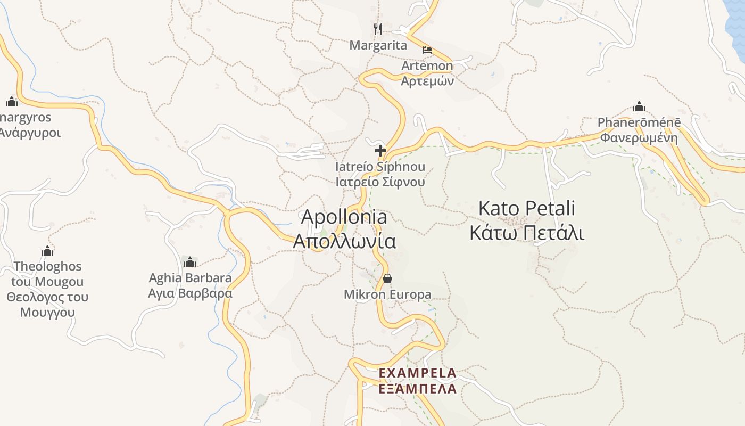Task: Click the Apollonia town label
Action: pyautogui.click(x=344, y=217)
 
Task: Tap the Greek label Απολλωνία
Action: pyautogui.click(x=344, y=241)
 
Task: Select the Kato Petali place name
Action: pyautogui.click(x=527, y=208)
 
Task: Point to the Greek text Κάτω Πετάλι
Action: pyautogui.click(x=527, y=233)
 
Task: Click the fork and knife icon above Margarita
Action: pyautogui.click(x=378, y=29)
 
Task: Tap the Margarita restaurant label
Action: pyautogui.click(x=378, y=45)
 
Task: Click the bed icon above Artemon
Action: pyautogui.click(x=427, y=51)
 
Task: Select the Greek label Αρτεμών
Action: pyautogui.click(x=427, y=81)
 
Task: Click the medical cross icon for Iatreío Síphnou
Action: pyautogui.click(x=380, y=151)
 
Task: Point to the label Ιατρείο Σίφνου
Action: pyautogui.click(x=380, y=182)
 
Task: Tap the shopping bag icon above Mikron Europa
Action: pyautogui.click(x=387, y=278)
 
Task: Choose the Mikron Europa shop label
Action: pyautogui.click(x=387, y=294)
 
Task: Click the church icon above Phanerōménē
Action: pyautogui.click(x=639, y=106)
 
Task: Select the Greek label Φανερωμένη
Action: pyautogui.click(x=639, y=138)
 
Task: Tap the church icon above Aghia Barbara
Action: pyautogui.click(x=190, y=262)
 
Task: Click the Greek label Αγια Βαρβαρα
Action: pyautogui.click(x=190, y=293)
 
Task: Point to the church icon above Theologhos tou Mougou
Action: pyautogui.click(x=47, y=251)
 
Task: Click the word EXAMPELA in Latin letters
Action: pyautogui.click(x=417, y=373)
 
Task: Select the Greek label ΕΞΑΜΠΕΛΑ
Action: pyautogui.click(x=417, y=389)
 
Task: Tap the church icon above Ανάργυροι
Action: pyautogui.click(x=12, y=102)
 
